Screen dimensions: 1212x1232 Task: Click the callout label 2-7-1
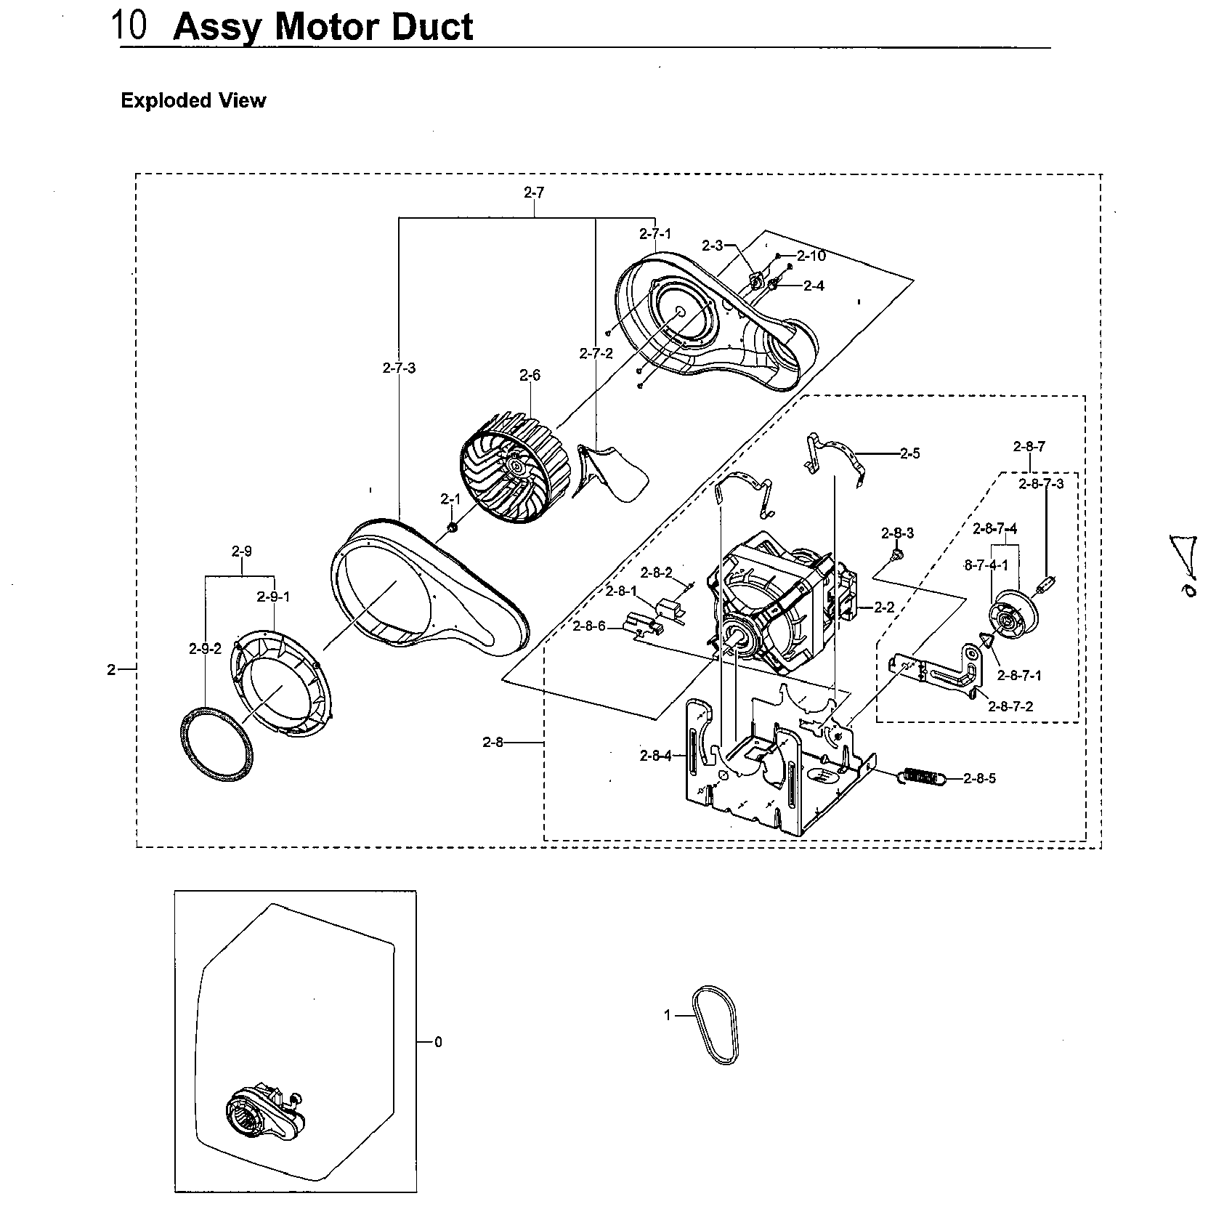654,233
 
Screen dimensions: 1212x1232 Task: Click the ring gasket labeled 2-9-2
217,743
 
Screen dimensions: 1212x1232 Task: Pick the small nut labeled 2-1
451,526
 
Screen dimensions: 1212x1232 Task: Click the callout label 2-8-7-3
1040,484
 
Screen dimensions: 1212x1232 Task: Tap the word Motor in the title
323,28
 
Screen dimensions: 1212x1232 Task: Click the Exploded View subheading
193,100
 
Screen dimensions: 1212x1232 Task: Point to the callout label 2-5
909,453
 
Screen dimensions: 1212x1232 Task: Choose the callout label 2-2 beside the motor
884,607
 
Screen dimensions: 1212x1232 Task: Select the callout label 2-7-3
399,368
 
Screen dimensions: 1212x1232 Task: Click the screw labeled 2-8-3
896,555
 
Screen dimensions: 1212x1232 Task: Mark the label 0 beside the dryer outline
438,1042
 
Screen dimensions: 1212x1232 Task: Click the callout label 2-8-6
588,626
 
